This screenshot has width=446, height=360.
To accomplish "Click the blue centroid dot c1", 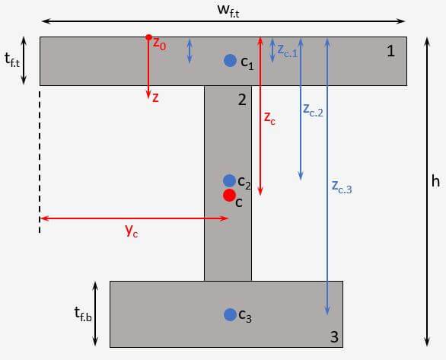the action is point(230,61).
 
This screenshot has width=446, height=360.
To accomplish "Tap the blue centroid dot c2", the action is point(229,181).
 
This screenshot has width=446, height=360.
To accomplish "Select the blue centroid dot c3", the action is point(230,315).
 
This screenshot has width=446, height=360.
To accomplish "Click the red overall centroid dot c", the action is point(229,195).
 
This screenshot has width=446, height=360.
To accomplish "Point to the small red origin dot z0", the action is point(148,37).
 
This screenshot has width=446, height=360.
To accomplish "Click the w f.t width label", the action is point(228,11).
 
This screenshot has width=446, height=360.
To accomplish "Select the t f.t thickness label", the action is point(12,59).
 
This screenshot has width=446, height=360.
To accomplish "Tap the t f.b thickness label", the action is point(83,314).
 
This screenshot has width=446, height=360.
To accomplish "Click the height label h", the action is point(435,180).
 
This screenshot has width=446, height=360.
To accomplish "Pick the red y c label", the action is point(132,231).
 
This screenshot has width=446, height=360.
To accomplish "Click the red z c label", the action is point(269,118).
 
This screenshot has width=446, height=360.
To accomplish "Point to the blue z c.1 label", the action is point(287,52).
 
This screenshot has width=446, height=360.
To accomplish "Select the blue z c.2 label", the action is point(313,110).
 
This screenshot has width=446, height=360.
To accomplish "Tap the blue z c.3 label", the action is point(342,187).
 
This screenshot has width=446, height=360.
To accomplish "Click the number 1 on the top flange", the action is point(390,51).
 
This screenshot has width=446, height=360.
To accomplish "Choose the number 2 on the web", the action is point(242,100).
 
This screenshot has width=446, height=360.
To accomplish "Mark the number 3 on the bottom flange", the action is point(334,336).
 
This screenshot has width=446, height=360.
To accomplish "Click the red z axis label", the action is point(155,97).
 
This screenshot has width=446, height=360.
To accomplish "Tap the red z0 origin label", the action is point(159,44).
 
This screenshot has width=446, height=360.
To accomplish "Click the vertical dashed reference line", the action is point(40,162).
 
